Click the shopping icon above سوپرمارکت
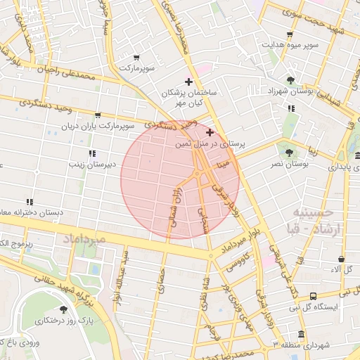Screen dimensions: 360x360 pos(136,58)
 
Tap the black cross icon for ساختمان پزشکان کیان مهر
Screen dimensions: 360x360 pos(188,82)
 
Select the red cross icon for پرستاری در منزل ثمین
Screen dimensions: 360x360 pos(210,131)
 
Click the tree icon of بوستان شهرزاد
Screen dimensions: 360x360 pos(291,80)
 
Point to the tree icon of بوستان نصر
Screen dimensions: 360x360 pos(288,152)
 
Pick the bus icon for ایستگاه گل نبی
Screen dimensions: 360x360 pos(313,296)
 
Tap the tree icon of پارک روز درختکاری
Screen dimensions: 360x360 pos(64,309)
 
